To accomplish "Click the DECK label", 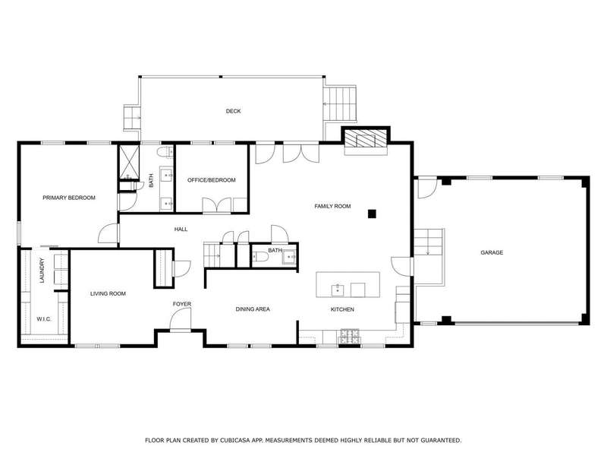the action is tap(233, 111).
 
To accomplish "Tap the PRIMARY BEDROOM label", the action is tap(69, 198).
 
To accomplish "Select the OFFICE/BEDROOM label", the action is tap(212, 180).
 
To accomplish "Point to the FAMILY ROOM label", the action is tap(332, 206).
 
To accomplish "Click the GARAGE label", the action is tap(492, 252).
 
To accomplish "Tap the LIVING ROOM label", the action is tap(108, 293).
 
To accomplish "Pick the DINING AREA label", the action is tap(253, 309).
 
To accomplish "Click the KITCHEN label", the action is tap(342, 309).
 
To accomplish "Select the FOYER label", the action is tap(182, 304).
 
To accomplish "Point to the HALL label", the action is tap(181, 230).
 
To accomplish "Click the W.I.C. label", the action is tap(44, 319).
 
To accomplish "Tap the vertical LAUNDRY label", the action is tap(42, 271).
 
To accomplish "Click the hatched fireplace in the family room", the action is tap(366, 139).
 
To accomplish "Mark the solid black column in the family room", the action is tap(372, 214).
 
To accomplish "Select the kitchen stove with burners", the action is tap(350, 337).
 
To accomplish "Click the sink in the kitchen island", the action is tap(338, 290).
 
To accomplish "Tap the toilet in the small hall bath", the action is tap(261, 257).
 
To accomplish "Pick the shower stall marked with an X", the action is tap(128, 162).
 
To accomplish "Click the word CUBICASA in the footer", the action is tap(234, 440).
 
